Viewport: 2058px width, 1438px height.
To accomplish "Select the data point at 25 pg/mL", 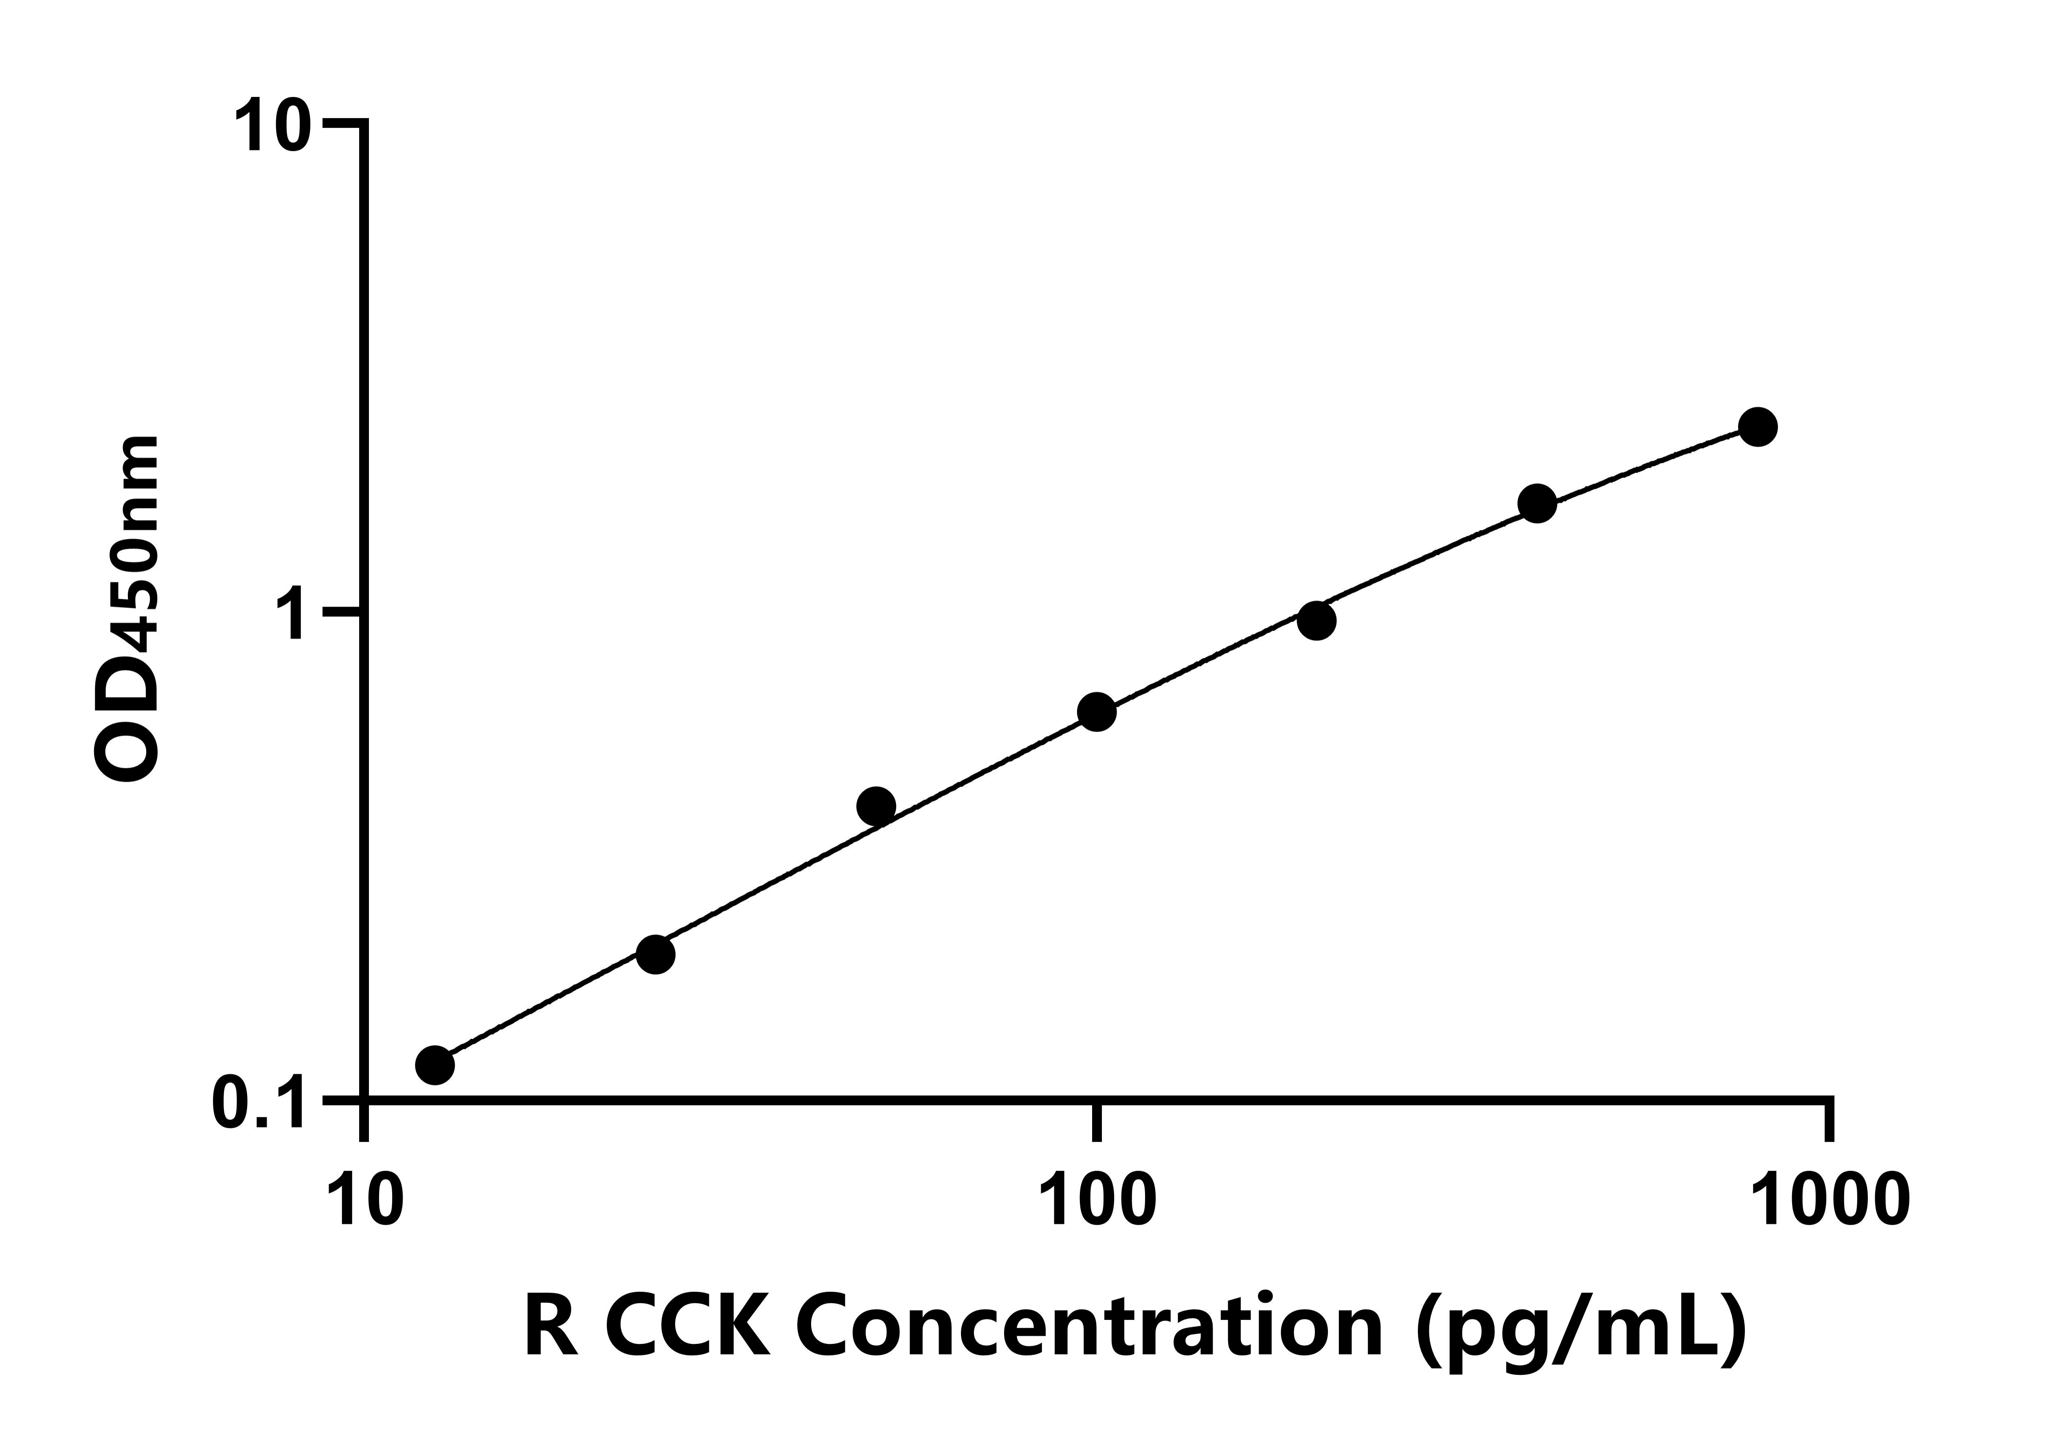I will [x=656, y=954].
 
